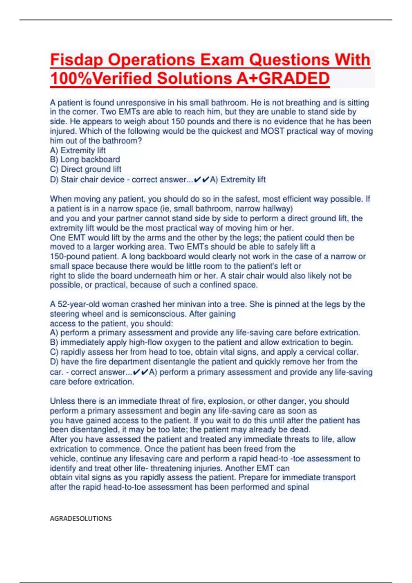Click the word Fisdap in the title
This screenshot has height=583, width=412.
click(77, 60)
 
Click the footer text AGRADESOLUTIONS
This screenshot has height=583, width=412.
click(81, 518)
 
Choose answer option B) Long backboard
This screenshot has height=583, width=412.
click(85, 159)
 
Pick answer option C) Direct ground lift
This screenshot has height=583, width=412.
click(85, 169)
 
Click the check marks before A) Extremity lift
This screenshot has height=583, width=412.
click(202, 179)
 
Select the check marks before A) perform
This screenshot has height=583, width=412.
click(140, 372)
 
